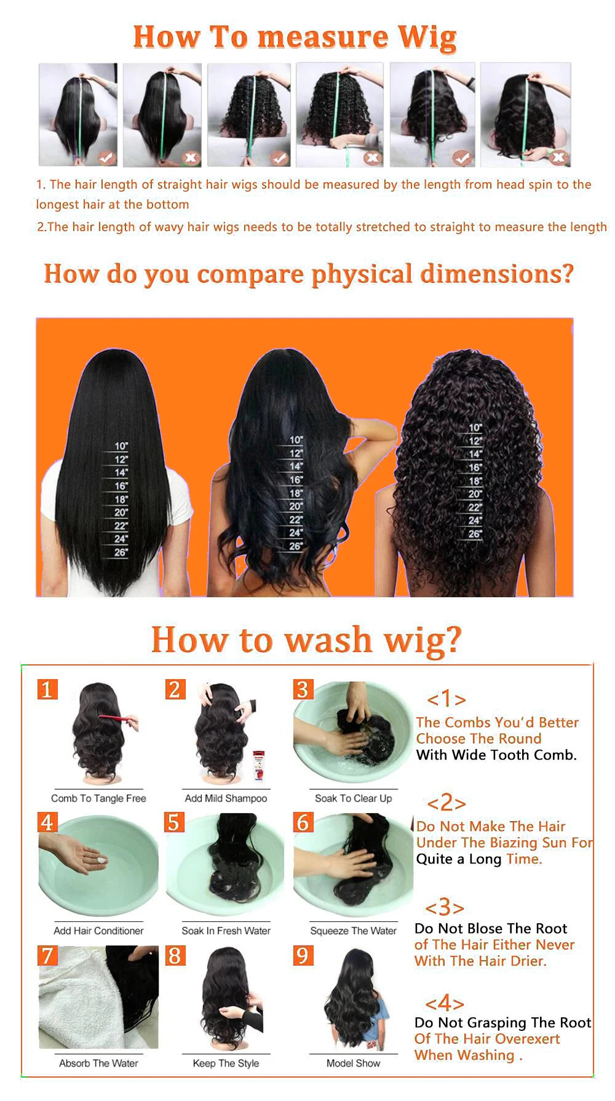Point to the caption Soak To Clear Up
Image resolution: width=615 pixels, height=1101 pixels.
click(353, 798)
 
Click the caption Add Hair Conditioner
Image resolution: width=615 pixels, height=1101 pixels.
click(98, 931)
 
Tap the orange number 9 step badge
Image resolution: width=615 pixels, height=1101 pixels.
click(302, 955)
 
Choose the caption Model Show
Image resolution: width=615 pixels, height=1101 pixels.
click(353, 1063)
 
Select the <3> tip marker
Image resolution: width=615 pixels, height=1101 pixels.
click(444, 908)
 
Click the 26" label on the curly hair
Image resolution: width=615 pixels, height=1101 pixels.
click(474, 534)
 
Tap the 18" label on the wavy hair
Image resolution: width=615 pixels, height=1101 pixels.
click(296, 493)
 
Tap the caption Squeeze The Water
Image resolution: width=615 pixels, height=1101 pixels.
click(353, 931)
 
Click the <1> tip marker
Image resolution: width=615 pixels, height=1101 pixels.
click(446, 699)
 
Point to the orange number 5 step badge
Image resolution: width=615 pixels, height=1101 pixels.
click(175, 822)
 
